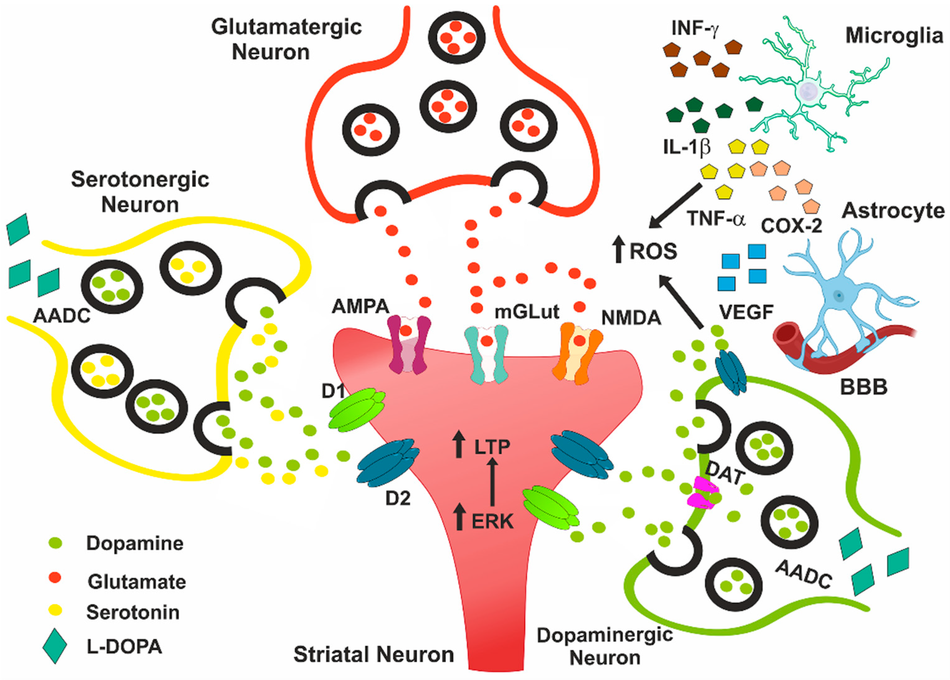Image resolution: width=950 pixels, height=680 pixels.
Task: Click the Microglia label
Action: coord(894,36)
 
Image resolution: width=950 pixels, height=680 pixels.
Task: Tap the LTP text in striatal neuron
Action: coord(492,447)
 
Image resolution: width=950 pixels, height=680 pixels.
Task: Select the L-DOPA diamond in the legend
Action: coord(55,646)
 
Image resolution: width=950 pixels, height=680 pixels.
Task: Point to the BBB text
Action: coord(863,387)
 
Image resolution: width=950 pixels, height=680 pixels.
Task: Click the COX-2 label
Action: coord(791,226)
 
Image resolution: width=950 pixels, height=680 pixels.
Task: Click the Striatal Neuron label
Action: coord(373,654)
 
